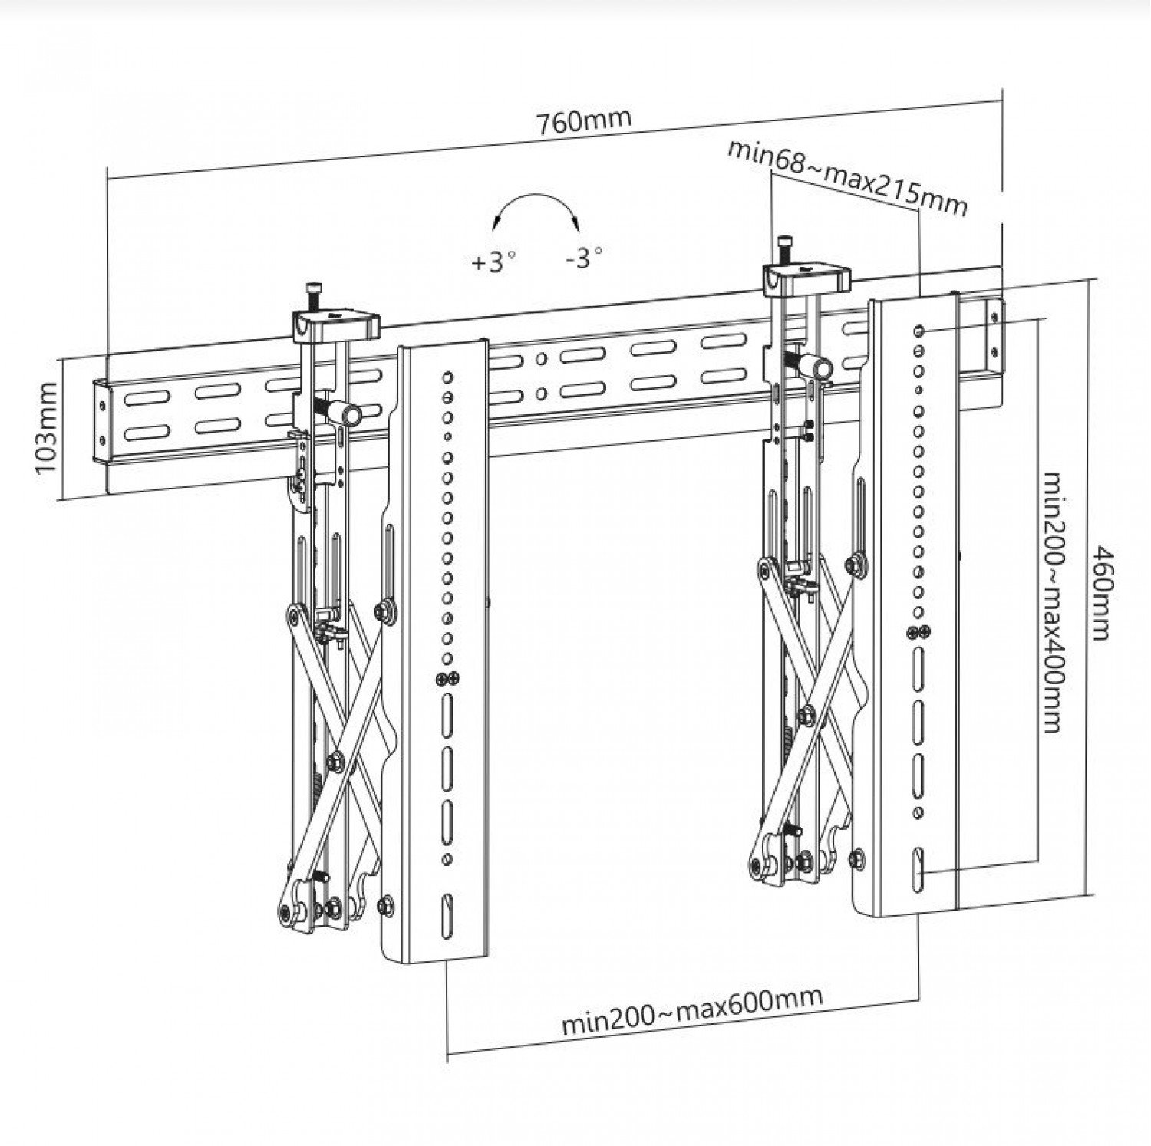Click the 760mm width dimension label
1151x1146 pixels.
click(x=584, y=122)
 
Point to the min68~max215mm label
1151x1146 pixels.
click(x=847, y=179)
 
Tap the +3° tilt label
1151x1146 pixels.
click(x=491, y=262)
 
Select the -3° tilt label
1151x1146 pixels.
click(x=583, y=257)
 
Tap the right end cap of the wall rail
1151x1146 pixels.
click(x=994, y=334)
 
